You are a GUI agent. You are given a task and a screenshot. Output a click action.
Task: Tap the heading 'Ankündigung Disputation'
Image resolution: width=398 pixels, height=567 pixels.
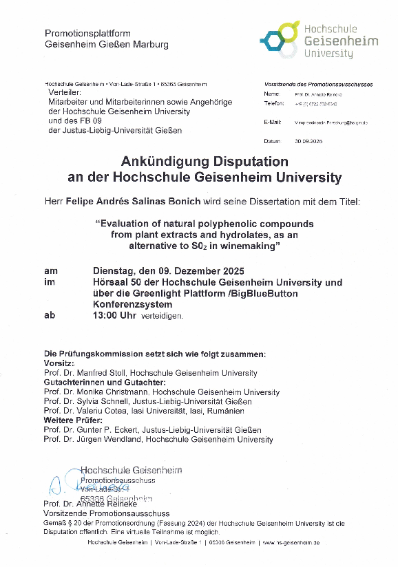coord(204,161)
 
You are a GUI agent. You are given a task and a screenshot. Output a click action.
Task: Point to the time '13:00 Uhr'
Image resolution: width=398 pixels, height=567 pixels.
coord(115,316)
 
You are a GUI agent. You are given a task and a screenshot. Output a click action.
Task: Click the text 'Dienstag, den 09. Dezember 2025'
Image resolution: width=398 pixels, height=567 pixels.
coord(168,270)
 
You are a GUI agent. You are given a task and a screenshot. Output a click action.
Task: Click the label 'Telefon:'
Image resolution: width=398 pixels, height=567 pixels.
coord(273,103)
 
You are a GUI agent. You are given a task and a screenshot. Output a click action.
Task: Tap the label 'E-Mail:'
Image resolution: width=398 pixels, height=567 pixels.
coord(273,122)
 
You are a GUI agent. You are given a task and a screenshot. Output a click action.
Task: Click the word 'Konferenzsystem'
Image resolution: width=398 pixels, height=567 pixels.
coord(132,304)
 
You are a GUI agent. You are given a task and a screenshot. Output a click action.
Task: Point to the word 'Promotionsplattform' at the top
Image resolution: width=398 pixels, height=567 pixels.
coord(87,34)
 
